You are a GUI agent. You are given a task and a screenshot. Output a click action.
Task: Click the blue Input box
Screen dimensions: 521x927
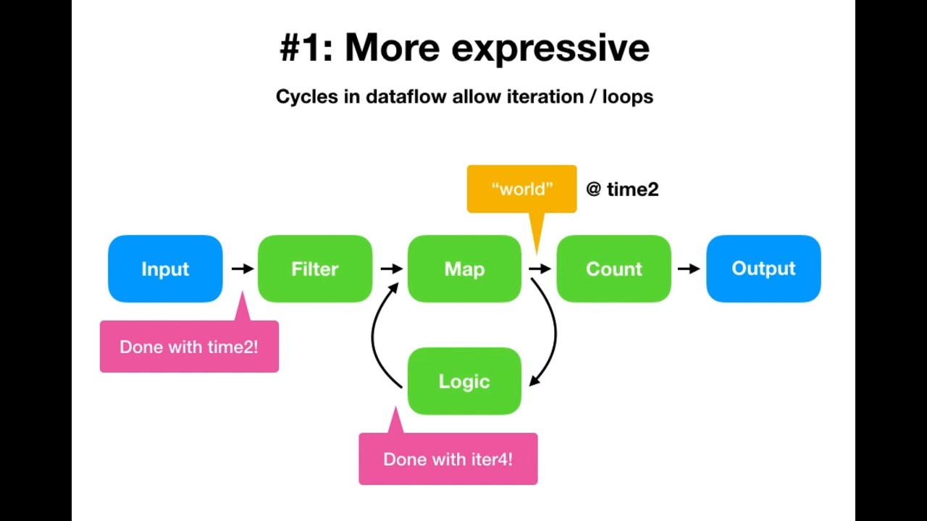tap(165, 268)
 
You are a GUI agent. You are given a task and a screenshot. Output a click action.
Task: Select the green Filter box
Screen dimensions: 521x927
tap(315, 268)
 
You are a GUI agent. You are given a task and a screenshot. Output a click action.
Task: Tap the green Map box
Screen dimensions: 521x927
tap(464, 268)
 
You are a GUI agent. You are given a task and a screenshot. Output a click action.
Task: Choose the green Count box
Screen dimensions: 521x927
tap(613, 268)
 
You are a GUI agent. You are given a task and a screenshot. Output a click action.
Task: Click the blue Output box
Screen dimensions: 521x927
tap(763, 268)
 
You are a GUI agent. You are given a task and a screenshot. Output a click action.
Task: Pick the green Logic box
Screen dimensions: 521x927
tap(464, 381)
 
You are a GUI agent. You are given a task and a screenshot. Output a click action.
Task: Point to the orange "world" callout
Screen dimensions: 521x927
tap(521, 189)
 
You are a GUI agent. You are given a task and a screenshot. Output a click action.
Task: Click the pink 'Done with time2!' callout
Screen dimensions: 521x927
tap(189, 347)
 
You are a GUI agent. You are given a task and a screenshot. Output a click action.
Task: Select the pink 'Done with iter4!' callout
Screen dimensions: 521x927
tap(448, 459)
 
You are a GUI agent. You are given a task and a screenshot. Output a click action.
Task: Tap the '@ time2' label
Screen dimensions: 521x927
tap(622, 190)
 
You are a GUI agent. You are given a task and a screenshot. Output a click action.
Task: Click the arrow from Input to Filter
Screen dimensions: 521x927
tap(242, 268)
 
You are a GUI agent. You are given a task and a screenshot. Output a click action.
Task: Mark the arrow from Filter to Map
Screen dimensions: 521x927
tap(391, 268)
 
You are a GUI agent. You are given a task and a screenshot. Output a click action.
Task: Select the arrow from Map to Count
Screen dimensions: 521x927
tap(540, 268)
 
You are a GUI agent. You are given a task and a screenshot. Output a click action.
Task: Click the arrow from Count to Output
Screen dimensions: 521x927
tap(689, 268)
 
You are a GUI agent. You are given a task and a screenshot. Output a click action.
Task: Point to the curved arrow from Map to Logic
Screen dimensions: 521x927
tap(553, 329)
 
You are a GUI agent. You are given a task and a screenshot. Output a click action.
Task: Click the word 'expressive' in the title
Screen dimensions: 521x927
tap(550, 48)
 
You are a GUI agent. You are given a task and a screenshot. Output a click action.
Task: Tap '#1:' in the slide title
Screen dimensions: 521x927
tap(306, 48)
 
